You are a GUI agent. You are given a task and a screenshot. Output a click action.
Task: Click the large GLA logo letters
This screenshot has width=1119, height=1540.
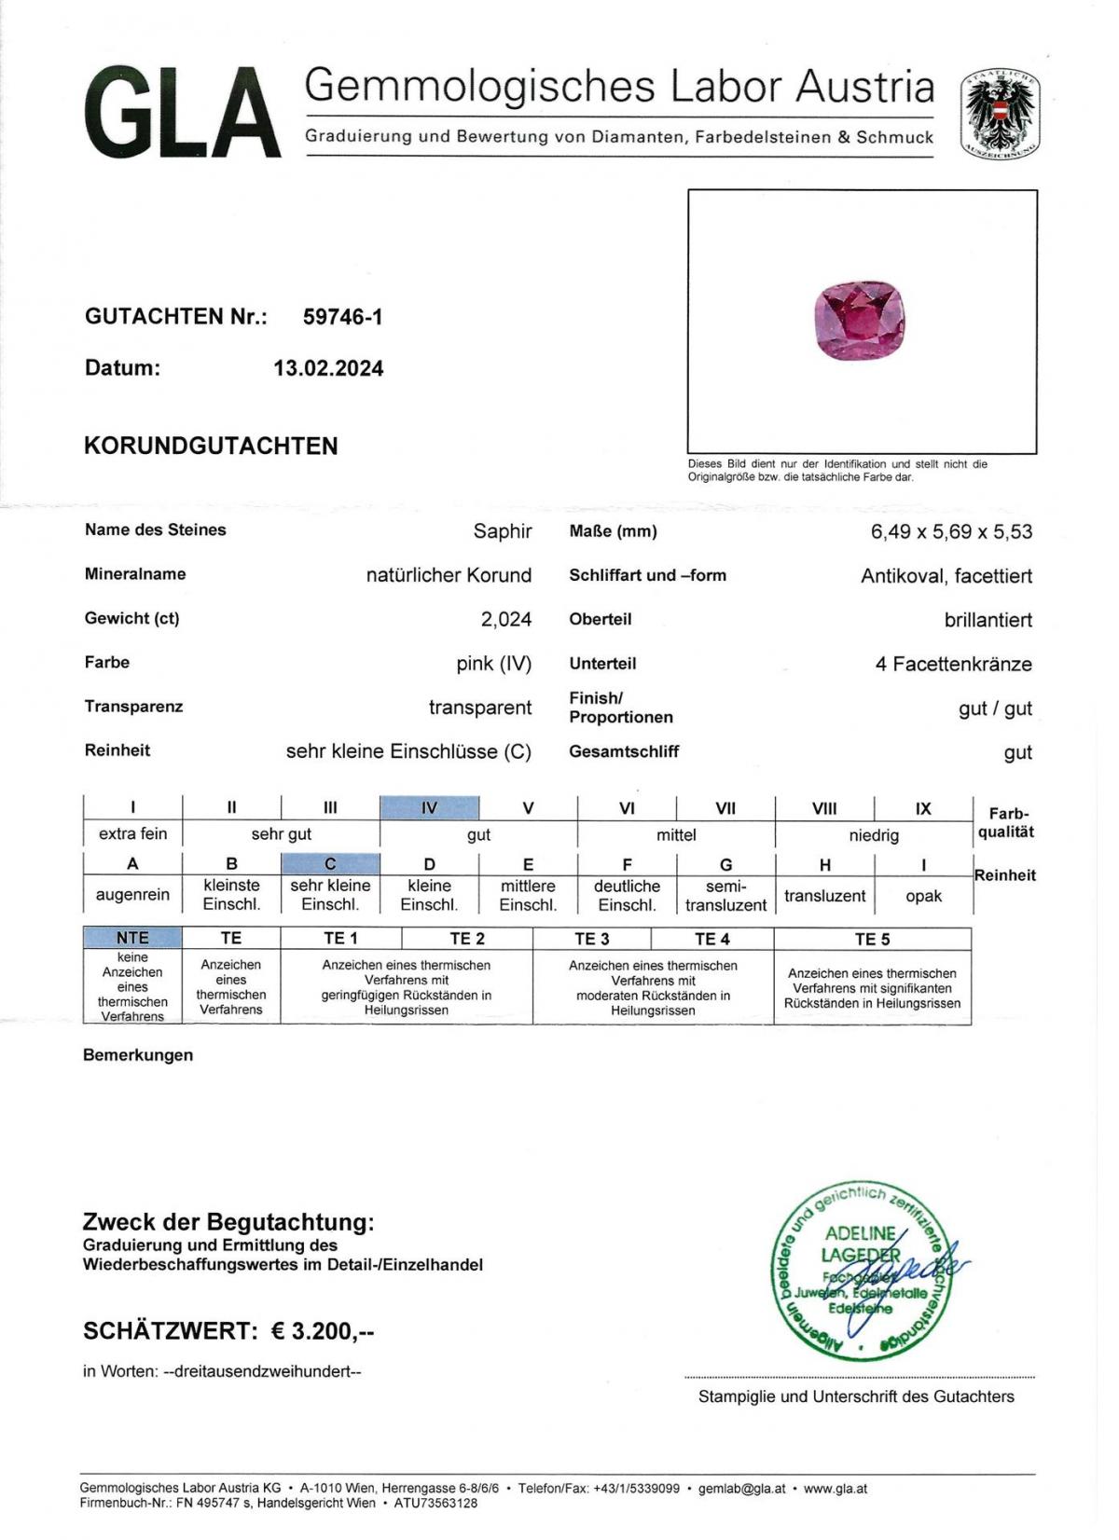(x=183, y=115)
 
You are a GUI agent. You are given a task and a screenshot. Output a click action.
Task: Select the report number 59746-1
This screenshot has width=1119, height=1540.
(x=342, y=317)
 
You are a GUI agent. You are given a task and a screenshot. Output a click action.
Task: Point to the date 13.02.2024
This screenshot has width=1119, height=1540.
(x=328, y=368)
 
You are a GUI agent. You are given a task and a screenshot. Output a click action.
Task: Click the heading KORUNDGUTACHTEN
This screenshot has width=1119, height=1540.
(x=211, y=446)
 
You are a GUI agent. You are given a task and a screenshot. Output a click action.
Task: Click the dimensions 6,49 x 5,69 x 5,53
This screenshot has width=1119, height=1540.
(x=951, y=531)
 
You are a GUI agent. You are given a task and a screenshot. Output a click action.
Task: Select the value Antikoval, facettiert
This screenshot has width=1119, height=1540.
(x=946, y=576)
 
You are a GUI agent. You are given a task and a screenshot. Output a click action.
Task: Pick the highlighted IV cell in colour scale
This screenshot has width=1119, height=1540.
(x=429, y=808)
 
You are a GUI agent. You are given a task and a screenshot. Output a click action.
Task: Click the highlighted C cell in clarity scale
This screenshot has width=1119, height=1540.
(x=330, y=864)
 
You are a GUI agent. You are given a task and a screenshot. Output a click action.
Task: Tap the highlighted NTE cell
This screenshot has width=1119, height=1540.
(x=132, y=938)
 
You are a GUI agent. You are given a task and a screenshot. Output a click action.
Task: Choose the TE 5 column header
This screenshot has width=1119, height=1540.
(x=872, y=939)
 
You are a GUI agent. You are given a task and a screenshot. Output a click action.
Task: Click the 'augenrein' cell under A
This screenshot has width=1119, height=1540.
(x=132, y=895)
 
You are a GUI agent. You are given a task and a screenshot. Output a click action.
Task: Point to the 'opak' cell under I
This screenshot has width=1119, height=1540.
(x=923, y=896)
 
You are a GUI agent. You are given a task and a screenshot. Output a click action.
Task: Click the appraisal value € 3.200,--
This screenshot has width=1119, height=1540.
(x=322, y=1331)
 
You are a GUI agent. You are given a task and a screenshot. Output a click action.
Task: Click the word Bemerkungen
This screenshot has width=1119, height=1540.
(x=138, y=1055)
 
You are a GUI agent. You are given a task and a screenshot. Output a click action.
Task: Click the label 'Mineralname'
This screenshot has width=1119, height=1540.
(x=135, y=574)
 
